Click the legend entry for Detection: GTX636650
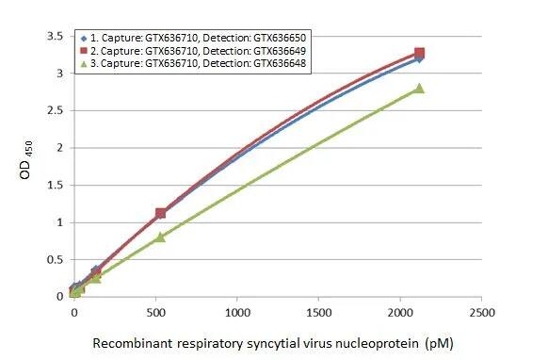point(198,36)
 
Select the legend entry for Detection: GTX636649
point(198,50)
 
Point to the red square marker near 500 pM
point(160,214)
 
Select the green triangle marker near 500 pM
point(160,237)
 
